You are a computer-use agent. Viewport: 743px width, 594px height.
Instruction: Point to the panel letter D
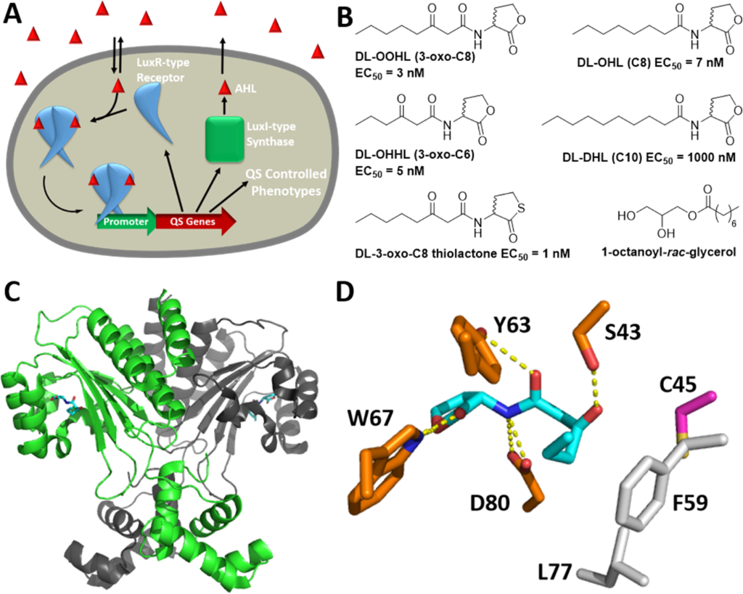tap(350, 292)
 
